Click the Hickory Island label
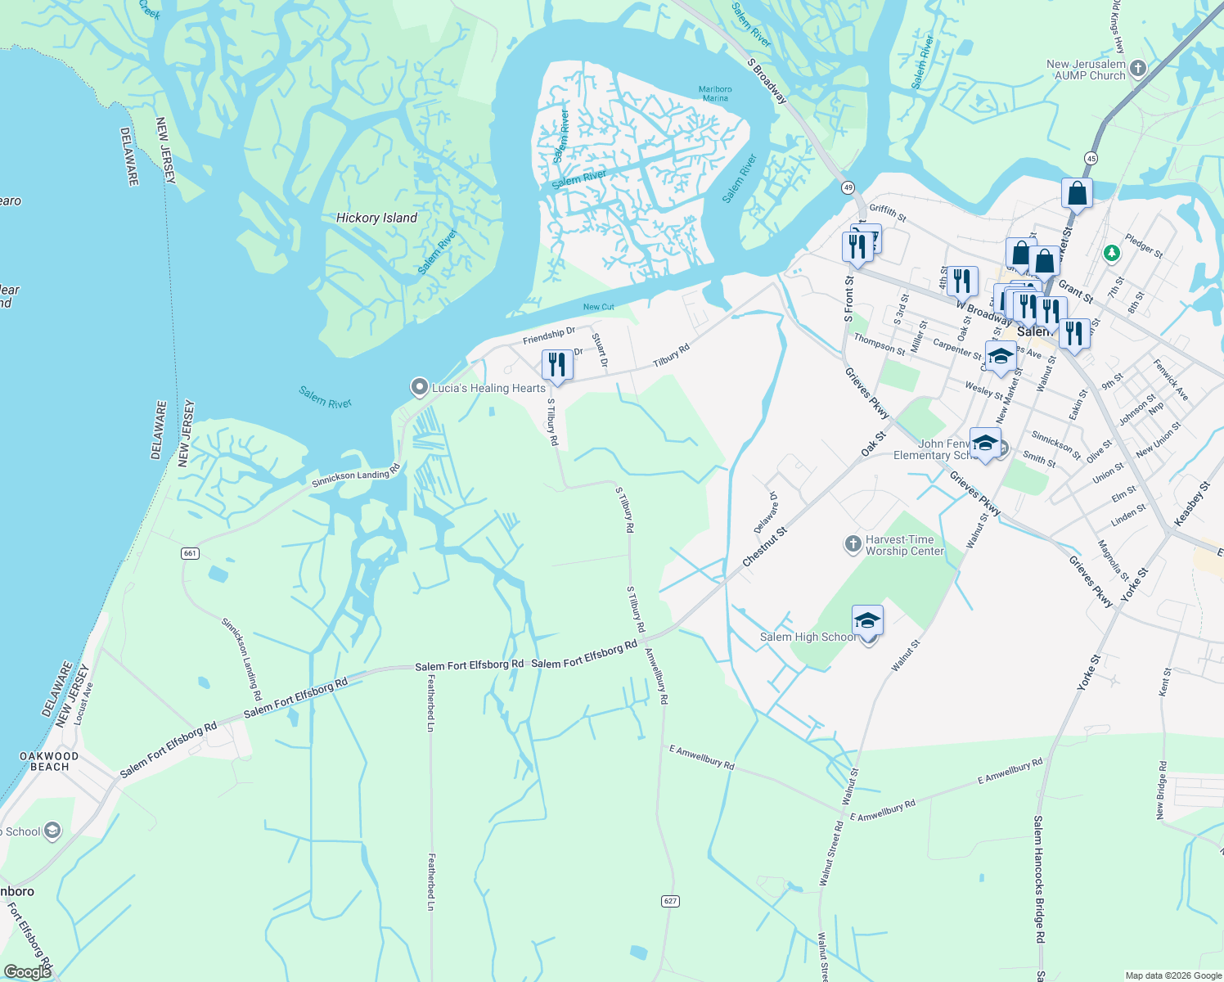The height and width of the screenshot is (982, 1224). [x=376, y=218]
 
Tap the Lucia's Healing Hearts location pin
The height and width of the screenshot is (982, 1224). [x=420, y=386]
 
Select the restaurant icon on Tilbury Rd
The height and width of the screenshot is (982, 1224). [x=557, y=365]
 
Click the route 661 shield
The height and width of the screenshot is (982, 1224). [x=190, y=553]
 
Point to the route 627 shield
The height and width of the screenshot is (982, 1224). [x=670, y=901]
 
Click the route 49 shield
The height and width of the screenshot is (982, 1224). [x=848, y=187]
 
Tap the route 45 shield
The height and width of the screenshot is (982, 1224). [x=1091, y=157]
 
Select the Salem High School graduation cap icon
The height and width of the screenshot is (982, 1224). [x=867, y=621]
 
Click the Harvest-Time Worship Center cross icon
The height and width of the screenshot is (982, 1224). [x=853, y=543]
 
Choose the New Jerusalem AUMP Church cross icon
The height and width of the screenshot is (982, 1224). [x=1138, y=69]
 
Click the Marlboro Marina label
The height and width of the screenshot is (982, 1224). [x=715, y=93]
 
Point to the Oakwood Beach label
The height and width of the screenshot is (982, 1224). [x=49, y=761]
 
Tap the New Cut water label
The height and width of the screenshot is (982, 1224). [x=598, y=307]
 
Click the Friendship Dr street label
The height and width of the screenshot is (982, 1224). [x=549, y=336]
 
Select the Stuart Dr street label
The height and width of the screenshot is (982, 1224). [x=600, y=349]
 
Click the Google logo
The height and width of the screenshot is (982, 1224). [x=26, y=971]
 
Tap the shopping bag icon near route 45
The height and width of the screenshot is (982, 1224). [x=1077, y=194]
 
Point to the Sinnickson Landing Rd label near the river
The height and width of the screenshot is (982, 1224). [x=355, y=475]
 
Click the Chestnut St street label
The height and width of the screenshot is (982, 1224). [x=764, y=547]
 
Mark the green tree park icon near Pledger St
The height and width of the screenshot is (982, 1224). [x=1111, y=254]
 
